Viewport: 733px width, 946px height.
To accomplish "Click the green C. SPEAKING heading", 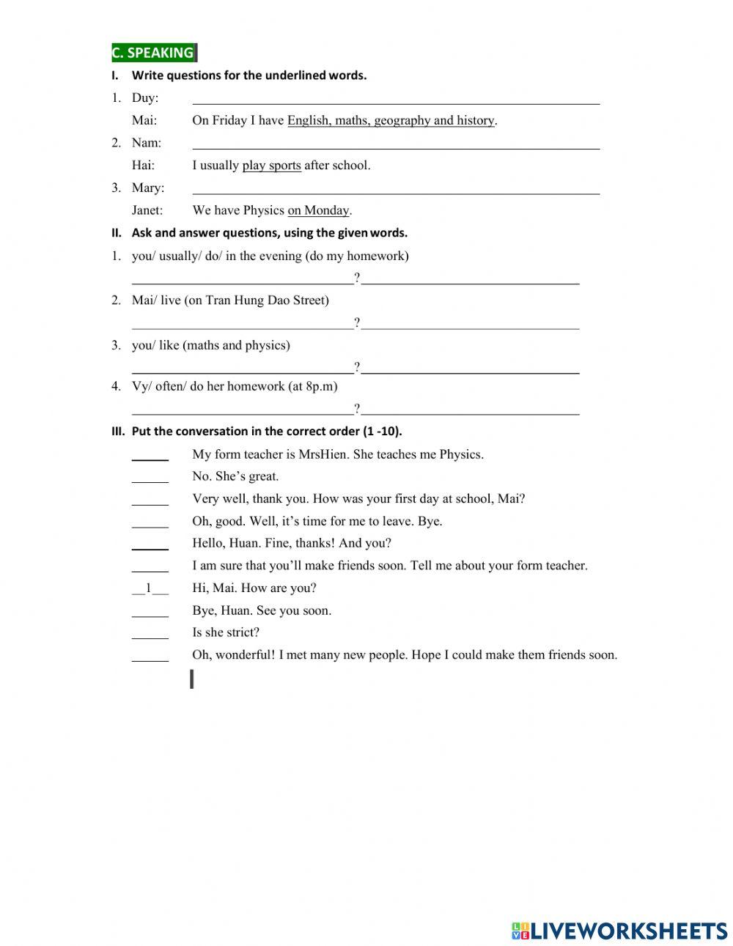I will pos(153,53).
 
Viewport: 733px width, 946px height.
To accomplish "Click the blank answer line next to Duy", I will pos(396,100).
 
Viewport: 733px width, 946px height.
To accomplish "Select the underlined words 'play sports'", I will pos(271,166).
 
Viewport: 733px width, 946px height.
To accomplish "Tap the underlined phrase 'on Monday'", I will pos(318,210).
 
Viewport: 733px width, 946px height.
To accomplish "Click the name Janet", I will pos(147,210).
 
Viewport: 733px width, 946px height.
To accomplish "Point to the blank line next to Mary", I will pos(396,190).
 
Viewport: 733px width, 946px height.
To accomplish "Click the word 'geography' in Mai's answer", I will pos(402,121).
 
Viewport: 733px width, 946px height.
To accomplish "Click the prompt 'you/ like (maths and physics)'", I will pos(210,345).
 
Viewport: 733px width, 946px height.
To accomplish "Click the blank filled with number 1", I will pos(150,588).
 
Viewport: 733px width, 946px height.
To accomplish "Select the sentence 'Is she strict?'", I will pos(226,632).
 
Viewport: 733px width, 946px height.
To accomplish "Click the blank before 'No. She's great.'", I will pos(150,478).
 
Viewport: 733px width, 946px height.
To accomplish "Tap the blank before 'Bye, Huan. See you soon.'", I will pos(150,612).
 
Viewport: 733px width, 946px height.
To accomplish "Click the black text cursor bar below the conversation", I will pos(192,679).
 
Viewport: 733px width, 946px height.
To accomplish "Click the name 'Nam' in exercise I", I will pos(146,143).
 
